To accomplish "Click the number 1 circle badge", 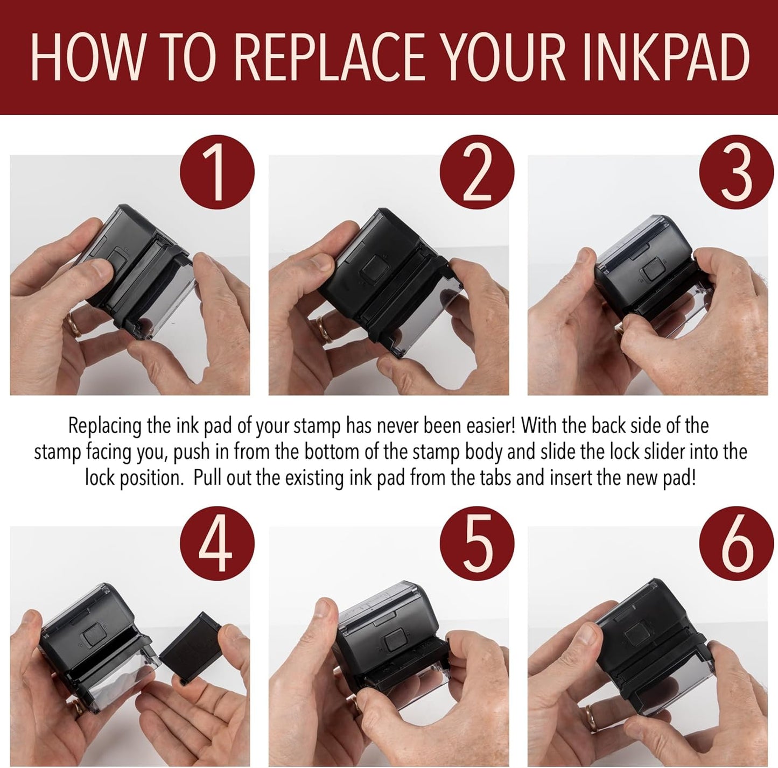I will coord(217,172).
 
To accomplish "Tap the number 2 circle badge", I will coord(477,172).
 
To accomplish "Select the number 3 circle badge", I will coord(736,172).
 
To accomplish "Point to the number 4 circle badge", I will coord(217,544).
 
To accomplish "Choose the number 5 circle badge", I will coord(477,544).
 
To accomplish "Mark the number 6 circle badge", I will coord(736,544).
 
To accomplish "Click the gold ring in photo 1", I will coord(73,325).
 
